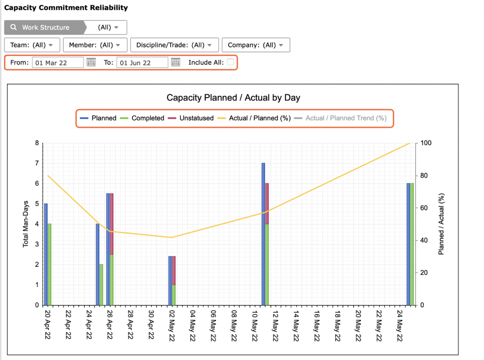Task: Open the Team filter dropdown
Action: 32,45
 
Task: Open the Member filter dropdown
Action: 95,45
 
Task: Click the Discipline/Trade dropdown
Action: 175,45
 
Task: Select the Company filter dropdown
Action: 256,45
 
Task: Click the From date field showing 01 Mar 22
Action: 58,62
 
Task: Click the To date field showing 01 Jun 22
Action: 142,62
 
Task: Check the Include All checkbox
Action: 230,62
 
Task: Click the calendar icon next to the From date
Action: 91,62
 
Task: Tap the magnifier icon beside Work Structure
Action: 14,27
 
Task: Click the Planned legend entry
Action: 98,118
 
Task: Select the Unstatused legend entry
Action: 190,118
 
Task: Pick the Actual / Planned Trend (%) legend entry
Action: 340,118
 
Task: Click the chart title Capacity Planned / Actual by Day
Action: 233,98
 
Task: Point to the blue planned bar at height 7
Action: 263,234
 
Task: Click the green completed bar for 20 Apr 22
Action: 49,264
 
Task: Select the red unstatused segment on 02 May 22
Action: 174,271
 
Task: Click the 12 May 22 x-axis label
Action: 276,325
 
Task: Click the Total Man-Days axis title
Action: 26,224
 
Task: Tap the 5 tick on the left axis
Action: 37,204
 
